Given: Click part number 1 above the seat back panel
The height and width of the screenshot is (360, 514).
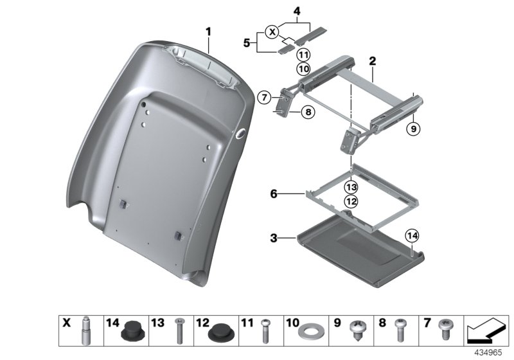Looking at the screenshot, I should pyautogui.click(x=208, y=31).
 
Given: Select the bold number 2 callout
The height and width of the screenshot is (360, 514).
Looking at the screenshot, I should pyautogui.click(x=372, y=63).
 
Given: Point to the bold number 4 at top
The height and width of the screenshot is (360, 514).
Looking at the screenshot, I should pyautogui.click(x=297, y=12).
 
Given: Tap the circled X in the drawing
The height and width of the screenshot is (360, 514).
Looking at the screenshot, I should pyautogui.click(x=272, y=31).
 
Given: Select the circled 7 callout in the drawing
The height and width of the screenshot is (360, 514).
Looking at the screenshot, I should pyautogui.click(x=264, y=98).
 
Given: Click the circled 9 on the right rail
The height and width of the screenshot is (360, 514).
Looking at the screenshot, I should pyautogui.click(x=413, y=129).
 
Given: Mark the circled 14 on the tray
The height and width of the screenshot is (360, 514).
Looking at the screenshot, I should pyautogui.click(x=412, y=237).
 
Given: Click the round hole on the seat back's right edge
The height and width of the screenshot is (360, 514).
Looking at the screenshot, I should pyautogui.click(x=242, y=132).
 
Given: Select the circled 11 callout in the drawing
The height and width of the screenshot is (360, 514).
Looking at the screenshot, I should pyautogui.click(x=303, y=54).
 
